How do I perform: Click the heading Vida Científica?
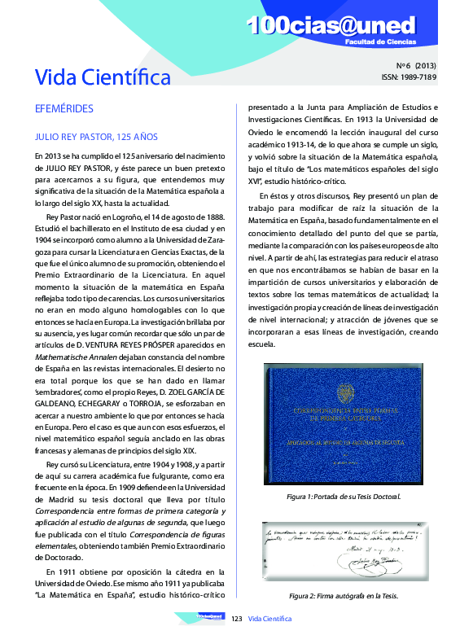tap(103, 77)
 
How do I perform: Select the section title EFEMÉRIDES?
tap(64, 107)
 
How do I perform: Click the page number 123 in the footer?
tap(238, 619)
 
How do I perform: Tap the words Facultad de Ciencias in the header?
tap(380, 40)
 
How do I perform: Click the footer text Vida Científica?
tap(270, 619)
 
